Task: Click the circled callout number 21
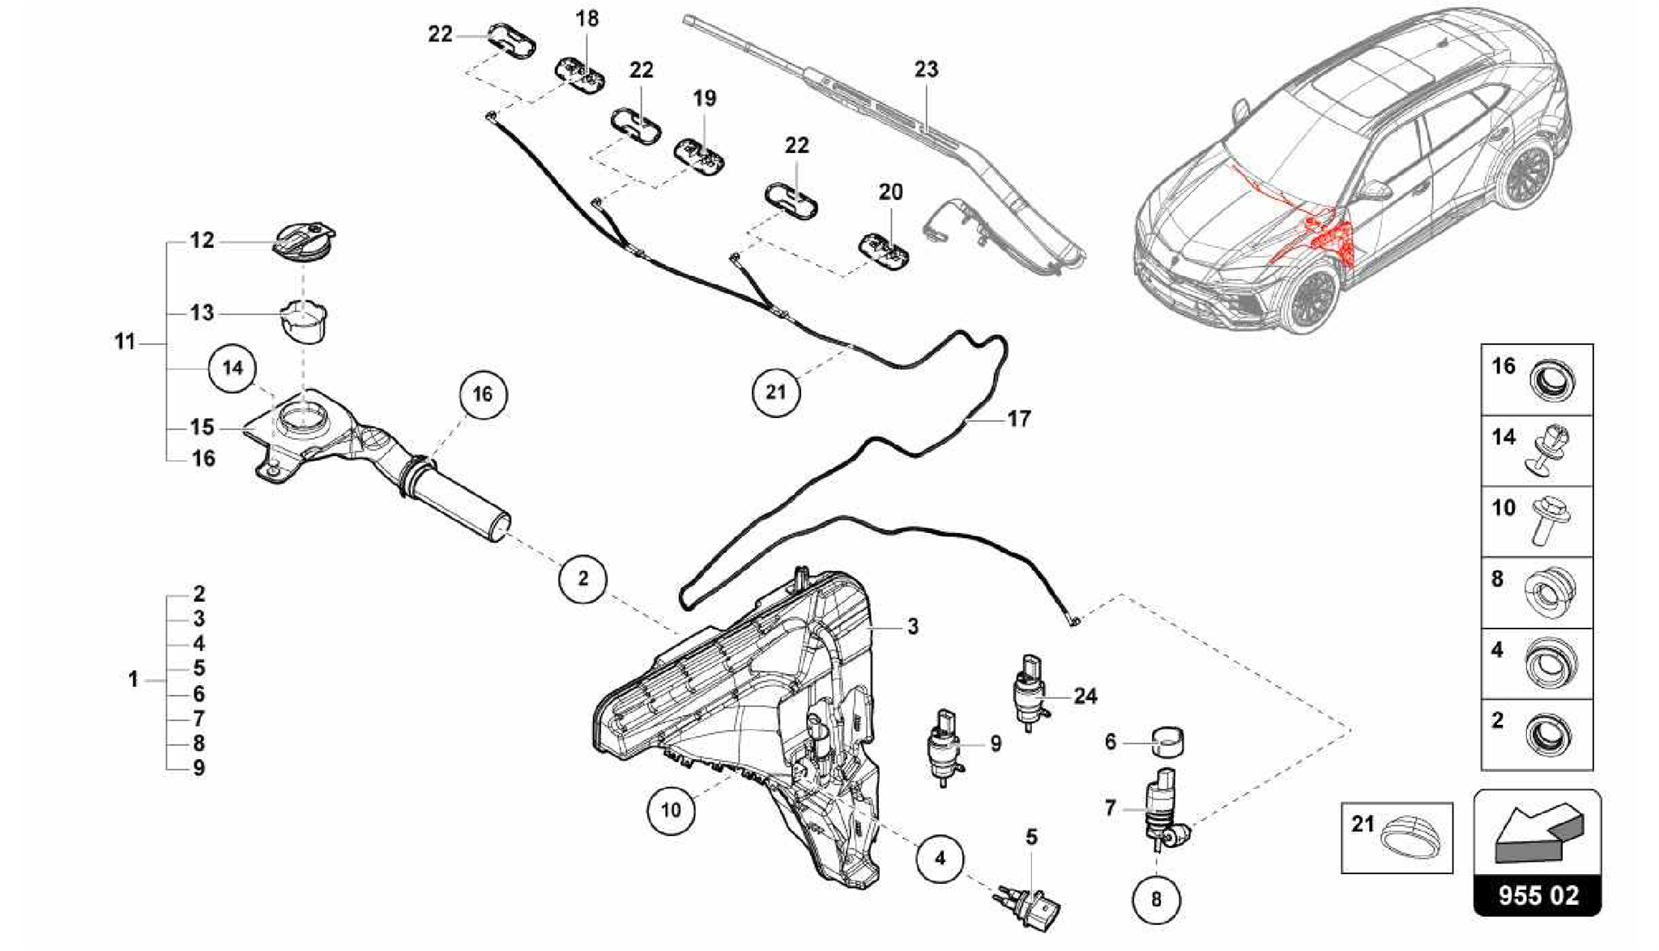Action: click(x=776, y=392)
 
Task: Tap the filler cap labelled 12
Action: click(x=304, y=241)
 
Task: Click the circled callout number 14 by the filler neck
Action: click(x=232, y=369)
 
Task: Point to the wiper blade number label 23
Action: click(x=926, y=70)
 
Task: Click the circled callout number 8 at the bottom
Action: click(x=1156, y=898)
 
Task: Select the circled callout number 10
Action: click(x=671, y=809)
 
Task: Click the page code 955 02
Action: click(x=1537, y=896)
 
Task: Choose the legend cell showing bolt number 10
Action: click(x=1537, y=521)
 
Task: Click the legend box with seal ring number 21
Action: click(x=1397, y=838)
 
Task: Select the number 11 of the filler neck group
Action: click(x=124, y=343)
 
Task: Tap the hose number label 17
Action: click(x=1018, y=419)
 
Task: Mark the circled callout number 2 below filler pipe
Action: click(x=582, y=578)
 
